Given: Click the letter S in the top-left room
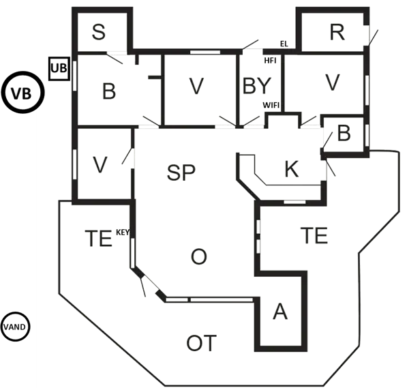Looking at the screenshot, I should coord(99,31).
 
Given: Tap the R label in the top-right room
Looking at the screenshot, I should coord(336,32).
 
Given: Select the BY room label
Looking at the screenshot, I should coord(257,86).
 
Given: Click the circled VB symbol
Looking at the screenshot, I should coord(24,92).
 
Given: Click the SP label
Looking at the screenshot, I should coord(181,172).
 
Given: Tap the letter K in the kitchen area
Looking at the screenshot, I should coord(292,170).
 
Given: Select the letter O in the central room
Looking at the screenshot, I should coord(198,256).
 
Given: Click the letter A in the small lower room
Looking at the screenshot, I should coord(279,312).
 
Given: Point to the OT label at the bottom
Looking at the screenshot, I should coord(202,343).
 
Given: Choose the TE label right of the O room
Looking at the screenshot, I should coord(314,236).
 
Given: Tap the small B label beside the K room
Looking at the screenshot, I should coord(344,134).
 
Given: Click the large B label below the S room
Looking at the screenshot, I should coord(108,91).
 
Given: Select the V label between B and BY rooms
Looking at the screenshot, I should coord(196,86).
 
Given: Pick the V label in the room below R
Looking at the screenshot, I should coord(332,83).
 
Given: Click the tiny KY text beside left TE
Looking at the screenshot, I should coord(121,233).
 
